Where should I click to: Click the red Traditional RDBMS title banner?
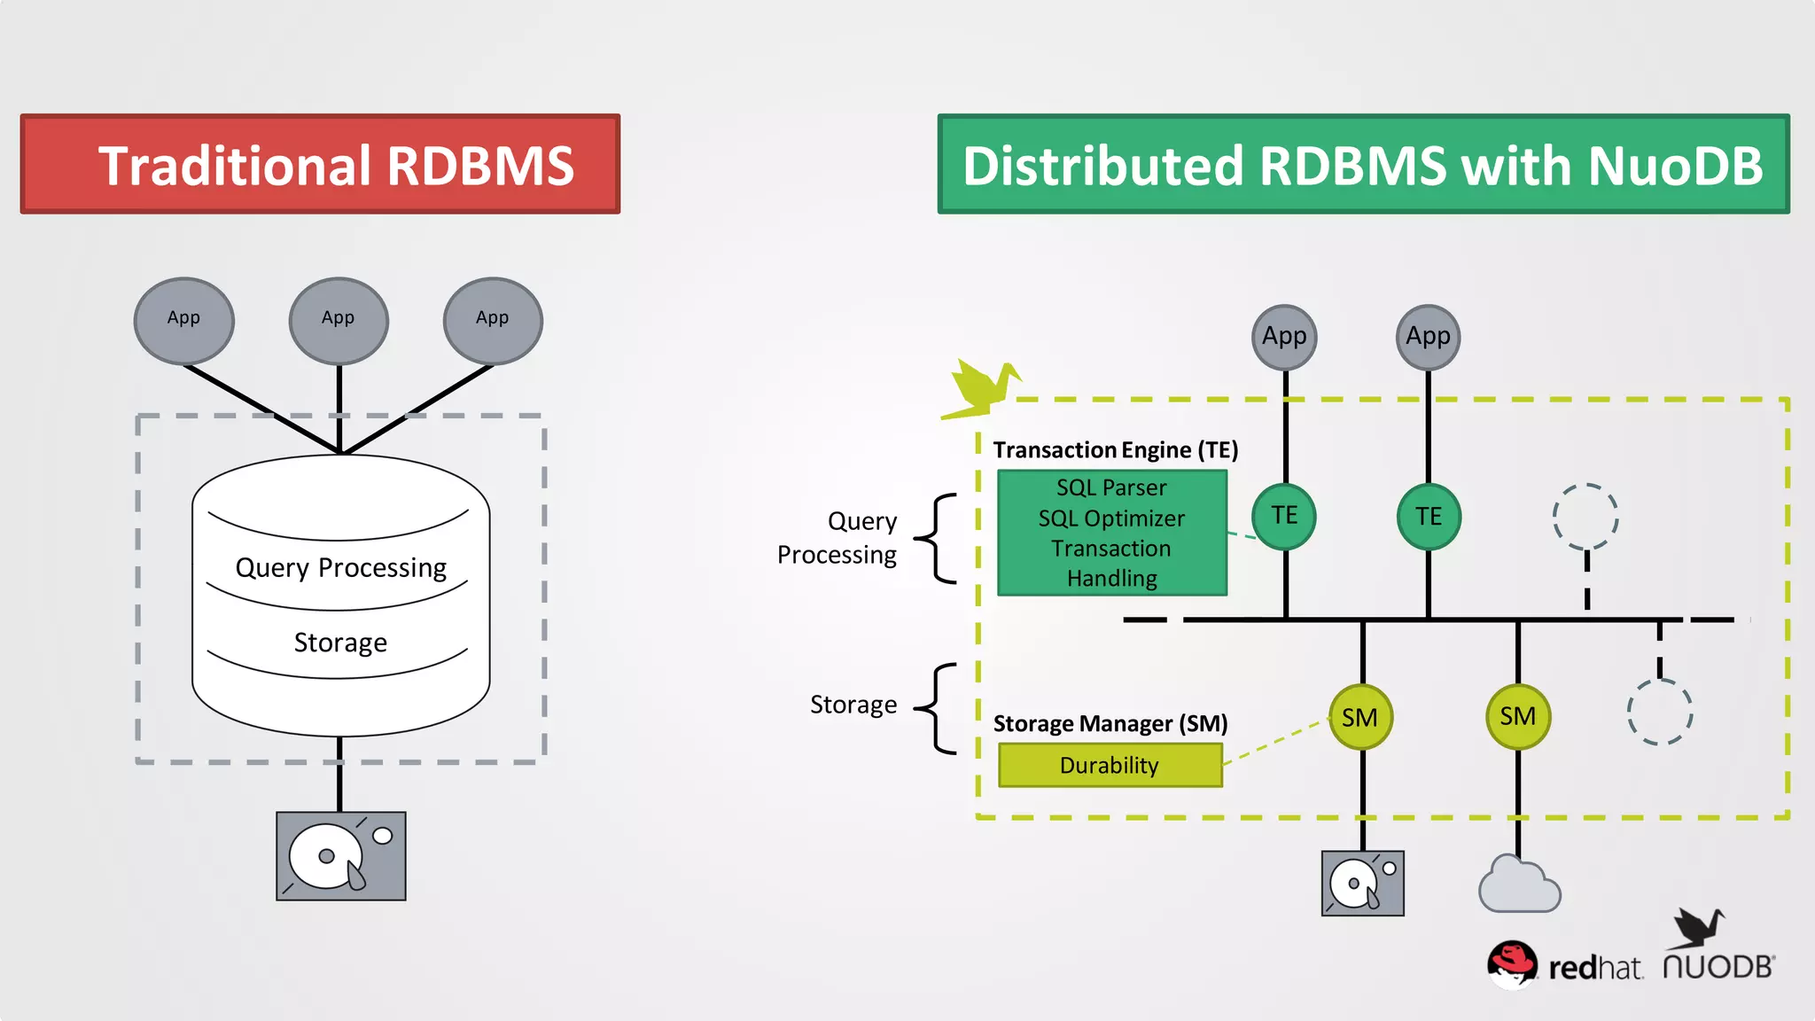[x=320, y=165]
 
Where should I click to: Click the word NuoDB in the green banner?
[x=1675, y=166]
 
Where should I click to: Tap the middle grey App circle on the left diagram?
[x=339, y=320]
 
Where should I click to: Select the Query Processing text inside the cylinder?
[x=340, y=567]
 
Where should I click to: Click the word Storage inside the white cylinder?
[x=340, y=642]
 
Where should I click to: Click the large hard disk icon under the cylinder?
[x=341, y=856]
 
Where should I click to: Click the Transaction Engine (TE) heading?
[x=1115, y=450]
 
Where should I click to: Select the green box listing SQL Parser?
[x=1112, y=533]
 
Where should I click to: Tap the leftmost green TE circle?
[x=1284, y=516]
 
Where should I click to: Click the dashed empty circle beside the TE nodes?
[x=1585, y=516]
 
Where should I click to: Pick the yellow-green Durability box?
[x=1110, y=765]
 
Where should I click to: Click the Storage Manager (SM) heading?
[x=1110, y=723]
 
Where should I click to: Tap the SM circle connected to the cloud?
[x=1517, y=716]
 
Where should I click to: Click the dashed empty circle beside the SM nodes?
[x=1659, y=712]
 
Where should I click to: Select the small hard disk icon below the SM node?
[x=1362, y=884]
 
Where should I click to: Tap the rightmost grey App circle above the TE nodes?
[x=1428, y=337]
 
